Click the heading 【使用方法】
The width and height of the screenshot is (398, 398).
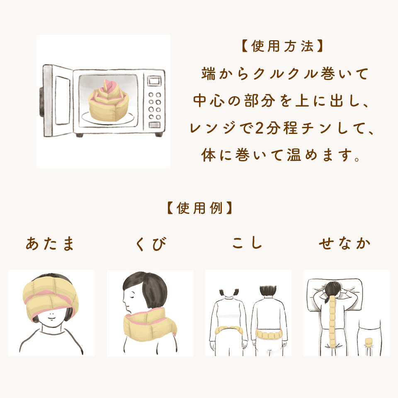pos(282,46)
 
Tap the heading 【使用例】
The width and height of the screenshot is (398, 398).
pos(199,208)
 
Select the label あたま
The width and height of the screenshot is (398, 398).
pos(50,244)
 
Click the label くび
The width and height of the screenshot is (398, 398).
pos(151,244)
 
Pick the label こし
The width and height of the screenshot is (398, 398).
pos(247,243)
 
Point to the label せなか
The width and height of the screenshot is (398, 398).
pos(345,243)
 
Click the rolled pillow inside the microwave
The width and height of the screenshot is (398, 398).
pos(109,100)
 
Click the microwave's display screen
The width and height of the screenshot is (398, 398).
pos(154,81)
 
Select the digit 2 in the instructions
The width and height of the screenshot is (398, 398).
pos(260,128)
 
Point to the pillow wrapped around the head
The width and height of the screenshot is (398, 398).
pos(51,298)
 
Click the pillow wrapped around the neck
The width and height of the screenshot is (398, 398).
pos(150,325)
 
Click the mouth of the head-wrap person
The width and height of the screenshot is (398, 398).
pos(52,318)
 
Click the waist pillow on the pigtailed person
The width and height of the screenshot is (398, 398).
pos(229,330)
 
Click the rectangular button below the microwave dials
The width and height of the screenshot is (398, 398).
pos(154,125)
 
